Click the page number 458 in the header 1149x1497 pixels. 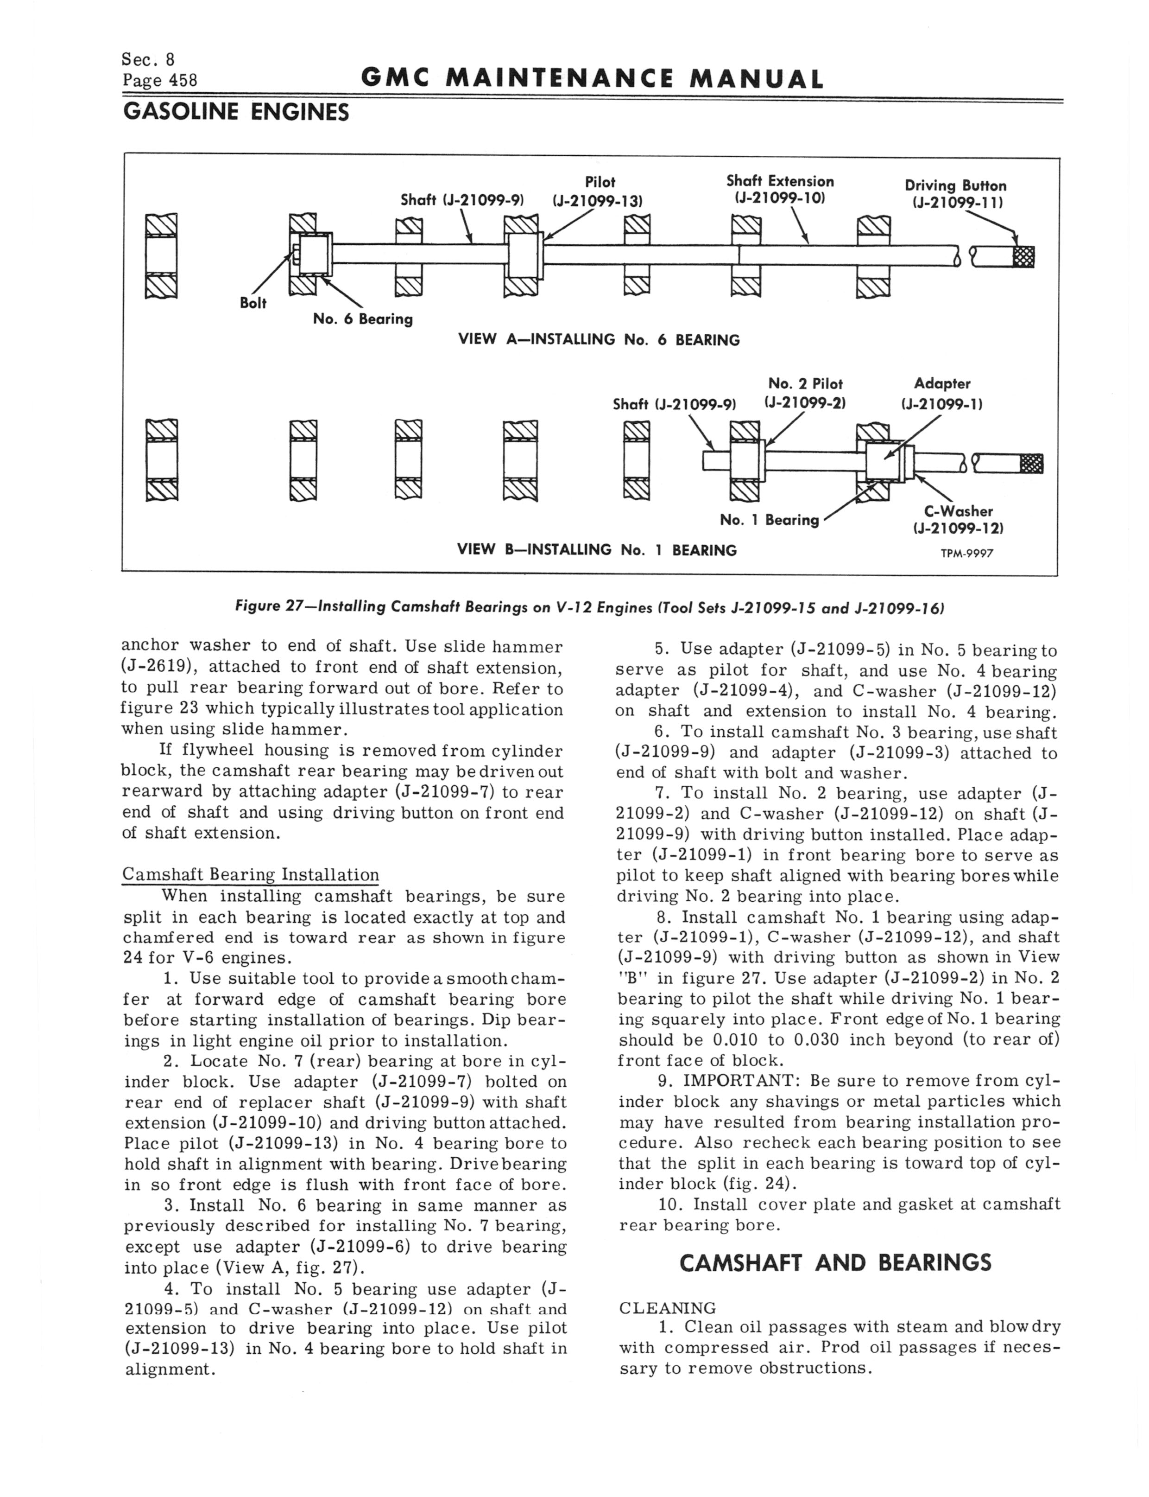(160, 81)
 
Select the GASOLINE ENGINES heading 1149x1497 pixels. (235, 112)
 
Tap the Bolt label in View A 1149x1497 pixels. (253, 303)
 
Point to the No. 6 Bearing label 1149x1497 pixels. (362, 319)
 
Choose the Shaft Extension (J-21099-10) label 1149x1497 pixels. (780, 190)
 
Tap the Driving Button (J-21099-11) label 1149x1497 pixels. (955, 194)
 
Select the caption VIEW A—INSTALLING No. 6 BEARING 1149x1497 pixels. (599, 340)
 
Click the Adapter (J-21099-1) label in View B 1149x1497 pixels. (942, 394)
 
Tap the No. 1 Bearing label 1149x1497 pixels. (769, 520)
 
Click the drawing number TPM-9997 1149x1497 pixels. (966, 553)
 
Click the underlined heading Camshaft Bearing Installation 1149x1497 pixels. (250, 875)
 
